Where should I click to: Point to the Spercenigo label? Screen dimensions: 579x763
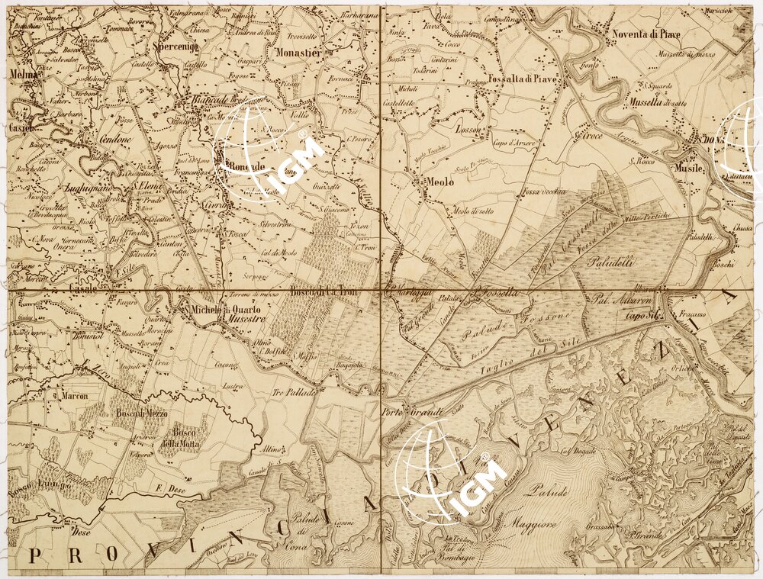[x=176, y=47]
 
